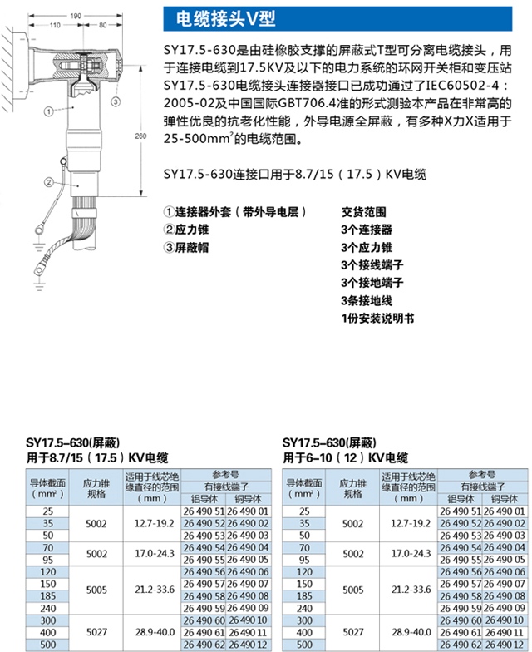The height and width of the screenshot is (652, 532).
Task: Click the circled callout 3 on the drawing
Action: click(x=115, y=101)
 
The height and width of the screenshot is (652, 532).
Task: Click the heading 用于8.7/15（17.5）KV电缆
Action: click(x=98, y=457)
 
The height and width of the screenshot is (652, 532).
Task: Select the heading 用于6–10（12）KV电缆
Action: click(x=346, y=457)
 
